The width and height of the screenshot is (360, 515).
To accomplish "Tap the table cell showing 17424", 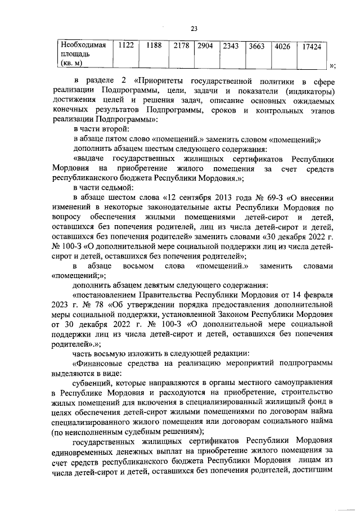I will pos(311,47).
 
